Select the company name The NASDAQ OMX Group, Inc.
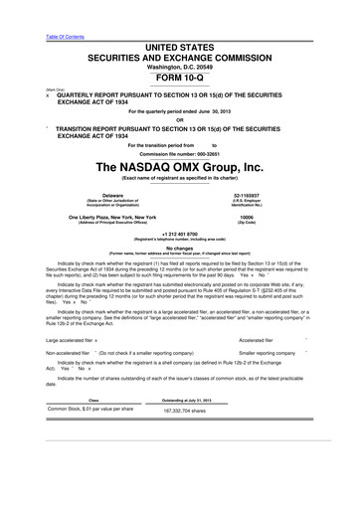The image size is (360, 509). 180,165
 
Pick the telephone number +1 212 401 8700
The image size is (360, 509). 180,234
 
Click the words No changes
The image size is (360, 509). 180,249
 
